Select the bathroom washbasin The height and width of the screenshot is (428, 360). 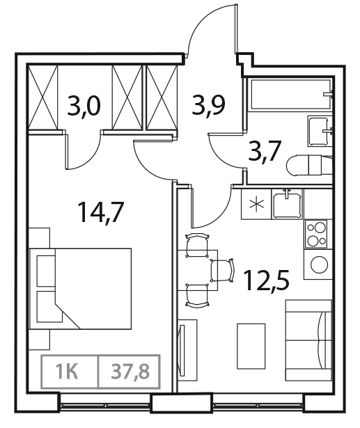pyautogui.click(x=319, y=128)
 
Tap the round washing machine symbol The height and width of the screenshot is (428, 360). pyautogui.click(x=320, y=265)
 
